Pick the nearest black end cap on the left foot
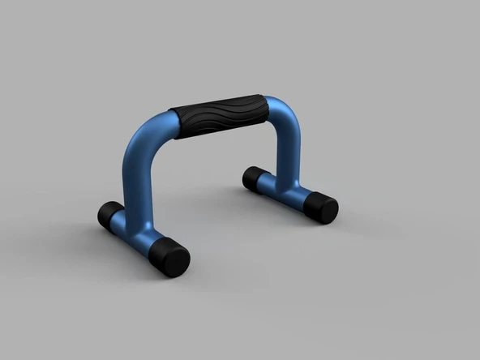[x=172, y=258]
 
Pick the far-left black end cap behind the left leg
[x=109, y=215]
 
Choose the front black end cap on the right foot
[x=323, y=208]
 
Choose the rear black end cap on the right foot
[x=254, y=178]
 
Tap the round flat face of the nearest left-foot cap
[x=178, y=261]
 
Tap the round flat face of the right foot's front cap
[x=328, y=210]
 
